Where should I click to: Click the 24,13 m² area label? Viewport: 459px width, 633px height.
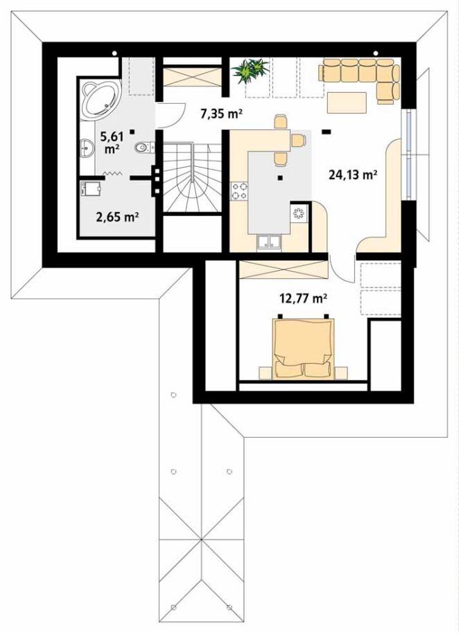click(x=354, y=175)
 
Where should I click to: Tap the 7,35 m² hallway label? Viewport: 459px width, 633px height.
click(x=221, y=114)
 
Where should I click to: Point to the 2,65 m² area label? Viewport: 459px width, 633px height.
click(x=118, y=217)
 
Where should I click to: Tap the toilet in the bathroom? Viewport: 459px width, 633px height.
click(x=144, y=148)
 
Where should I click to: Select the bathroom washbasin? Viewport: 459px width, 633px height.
click(x=87, y=148)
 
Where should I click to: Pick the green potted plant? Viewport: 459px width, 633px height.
click(x=250, y=71)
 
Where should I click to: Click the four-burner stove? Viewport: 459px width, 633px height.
click(x=239, y=191)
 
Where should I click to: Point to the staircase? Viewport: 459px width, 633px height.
click(x=192, y=177)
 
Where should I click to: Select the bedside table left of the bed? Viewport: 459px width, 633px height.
click(x=265, y=373)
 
